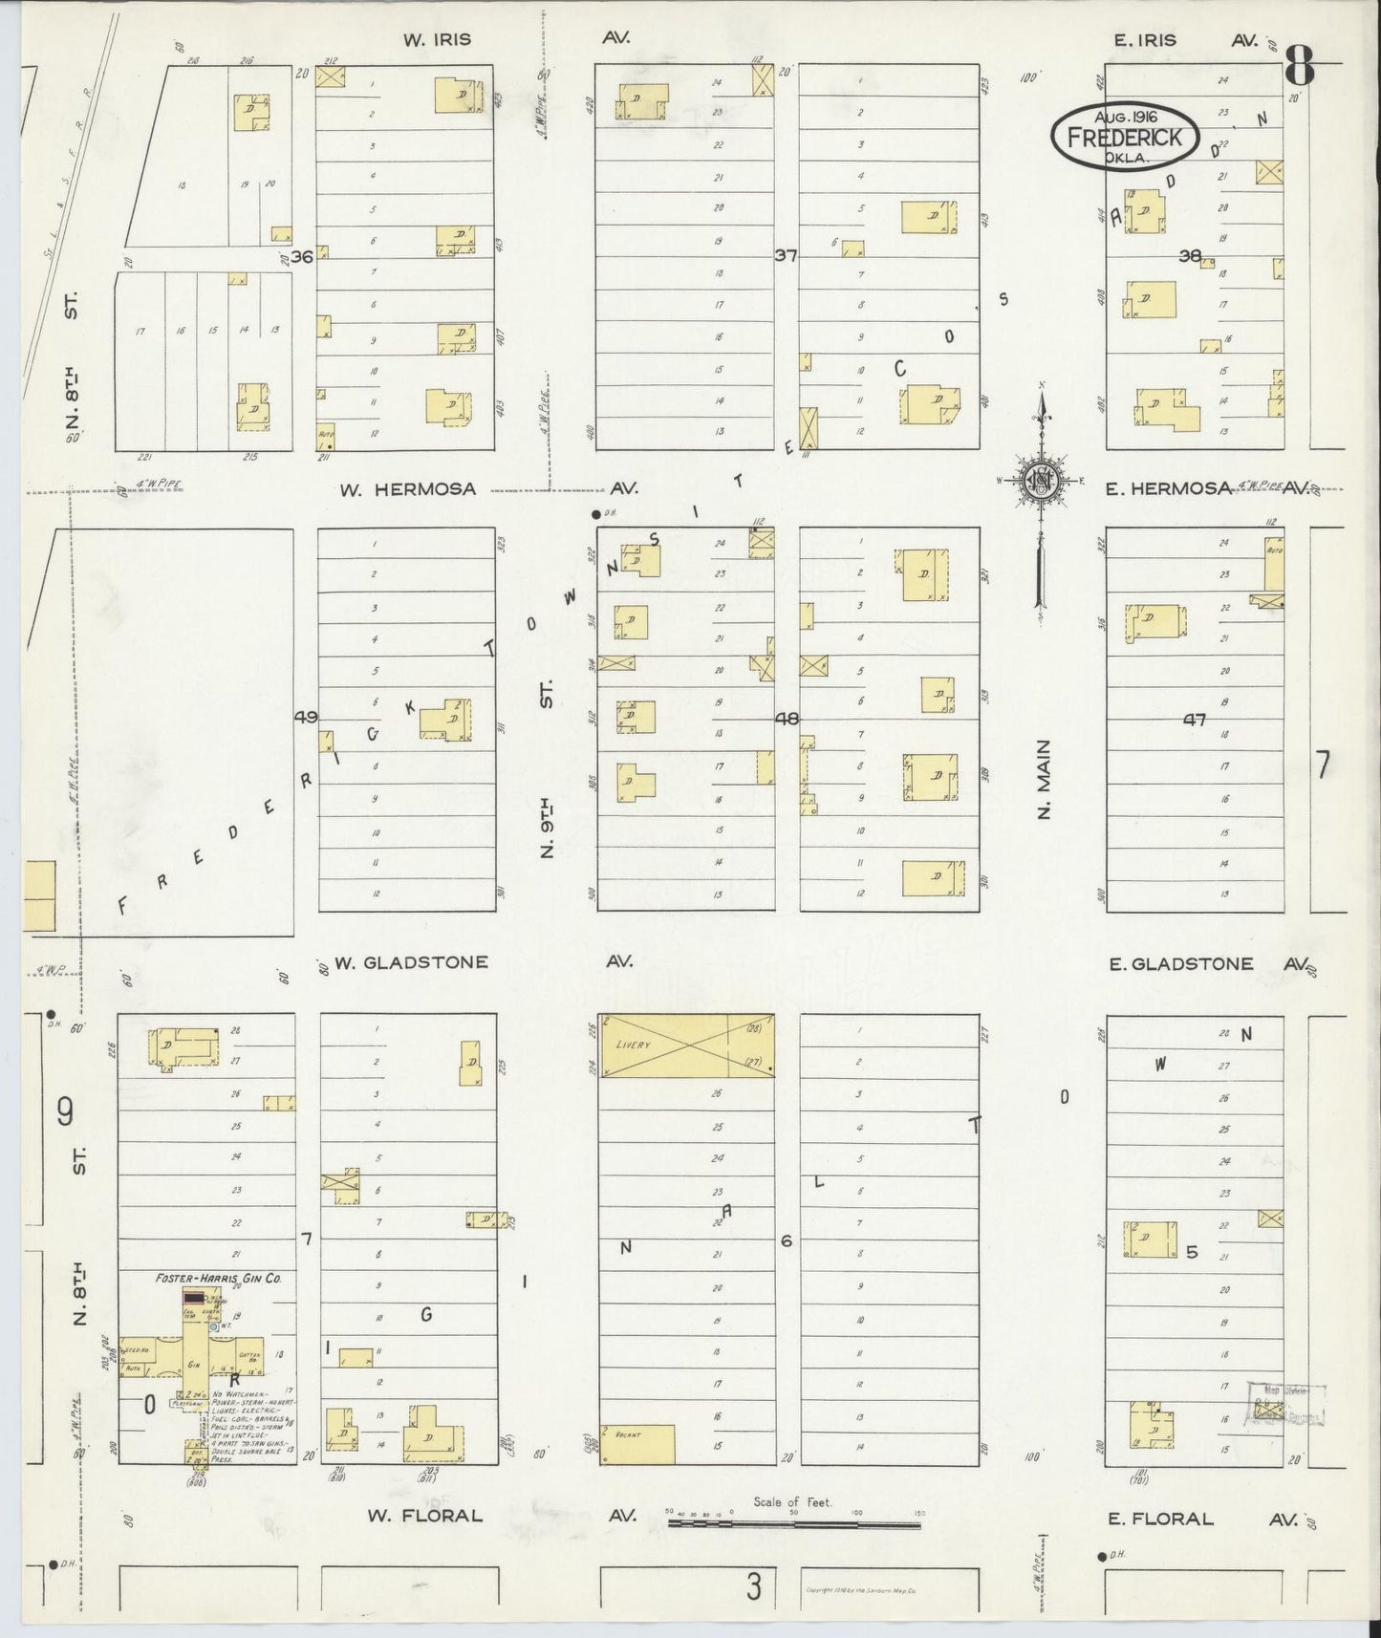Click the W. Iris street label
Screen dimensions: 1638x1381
click(437, 40)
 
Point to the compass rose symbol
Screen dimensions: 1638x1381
click(1040, 481)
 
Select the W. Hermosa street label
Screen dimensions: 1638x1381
click(408, 489)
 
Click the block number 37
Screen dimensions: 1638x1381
click(786, 255)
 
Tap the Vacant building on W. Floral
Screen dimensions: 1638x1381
click(637, 1444)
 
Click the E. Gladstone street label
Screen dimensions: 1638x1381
click(1181, 964)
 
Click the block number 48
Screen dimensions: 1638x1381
click(787, 719)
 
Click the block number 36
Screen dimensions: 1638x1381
click(303, 256)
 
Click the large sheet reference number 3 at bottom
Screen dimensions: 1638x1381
click(755, 1588)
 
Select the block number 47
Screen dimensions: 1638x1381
click(1194, 721)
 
